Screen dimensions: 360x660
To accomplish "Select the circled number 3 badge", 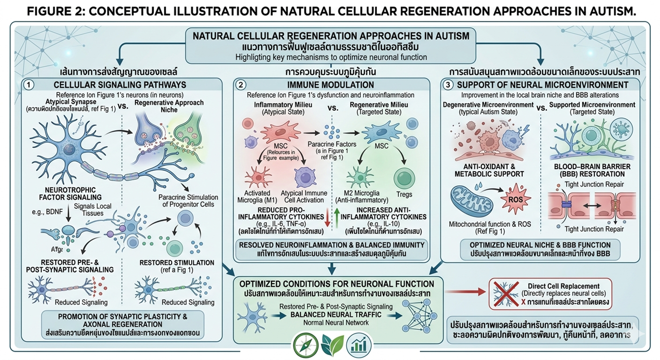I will coord(450,85).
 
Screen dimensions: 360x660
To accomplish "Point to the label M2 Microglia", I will coord(358,194).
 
